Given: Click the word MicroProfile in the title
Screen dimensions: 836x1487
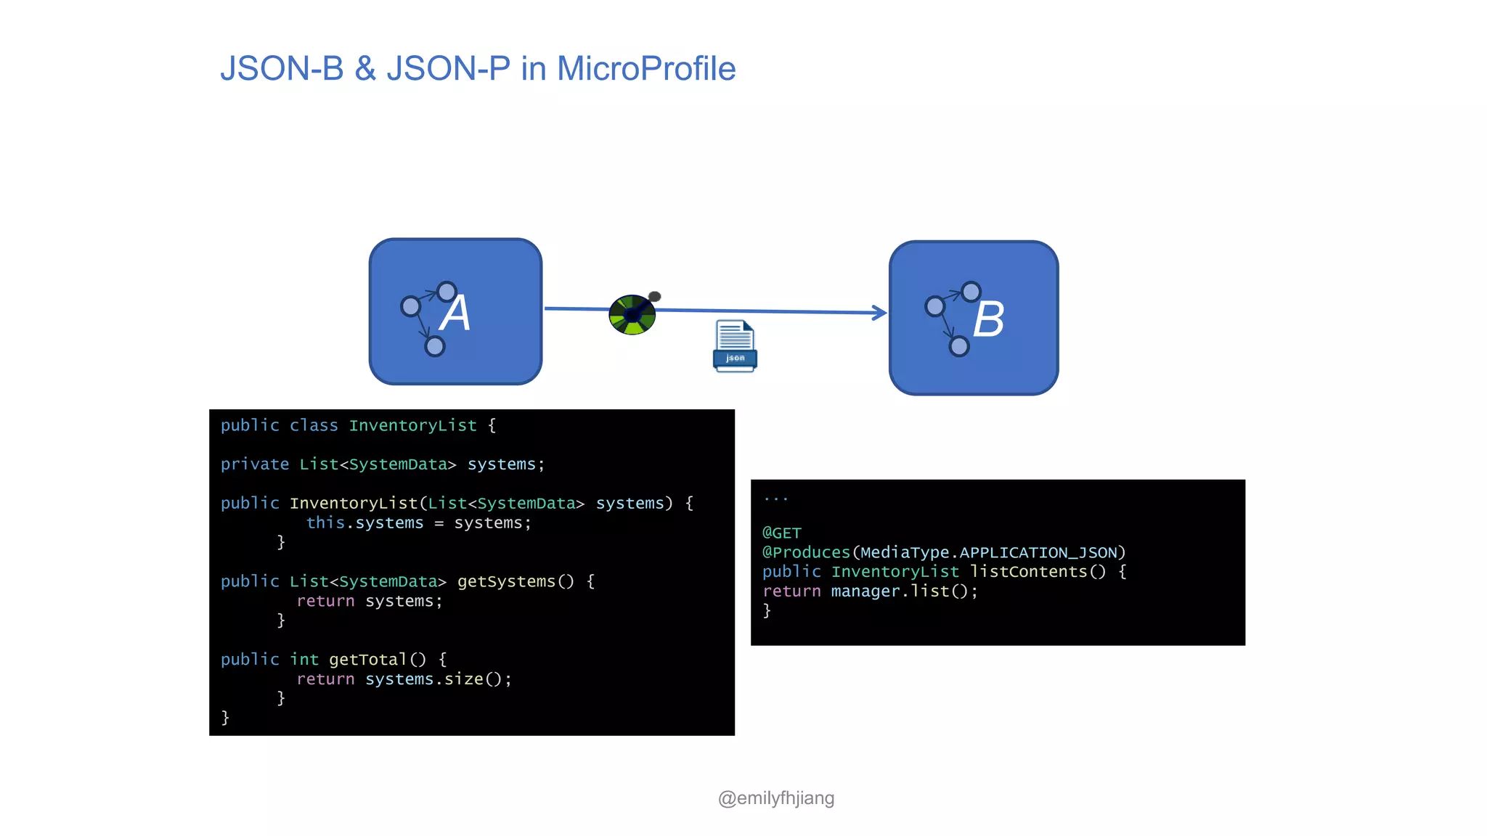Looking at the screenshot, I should coord(646,69).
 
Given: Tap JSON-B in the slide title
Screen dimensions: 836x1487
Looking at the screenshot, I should coord(282,69).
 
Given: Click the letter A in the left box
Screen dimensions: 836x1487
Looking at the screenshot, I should coord(455,313).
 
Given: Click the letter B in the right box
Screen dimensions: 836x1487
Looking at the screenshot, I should coord(988,319).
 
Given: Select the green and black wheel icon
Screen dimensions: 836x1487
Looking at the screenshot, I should coord(632,315).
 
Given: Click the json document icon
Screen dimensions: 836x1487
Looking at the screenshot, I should coord(735,346).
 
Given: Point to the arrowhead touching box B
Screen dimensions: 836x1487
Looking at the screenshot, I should coord(880,313).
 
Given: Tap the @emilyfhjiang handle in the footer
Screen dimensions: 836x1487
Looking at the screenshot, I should coord(775,798).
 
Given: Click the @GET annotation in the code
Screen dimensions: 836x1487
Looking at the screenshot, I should coord(781,533).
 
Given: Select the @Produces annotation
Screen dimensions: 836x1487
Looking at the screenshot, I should coord(806,552).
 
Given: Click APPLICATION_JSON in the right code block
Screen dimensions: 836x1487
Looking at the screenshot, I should coord(1038,552).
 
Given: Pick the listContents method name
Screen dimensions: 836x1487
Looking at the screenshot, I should coord(1028,572).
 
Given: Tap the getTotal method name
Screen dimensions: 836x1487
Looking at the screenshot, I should coord(367,660).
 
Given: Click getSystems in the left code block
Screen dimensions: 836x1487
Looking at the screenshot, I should coord(506,581).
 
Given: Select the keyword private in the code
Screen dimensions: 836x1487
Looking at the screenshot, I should coord(254,464).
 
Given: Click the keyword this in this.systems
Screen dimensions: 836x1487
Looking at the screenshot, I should coord(325,523).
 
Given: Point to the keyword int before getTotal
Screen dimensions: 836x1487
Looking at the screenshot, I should coord(304,660).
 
